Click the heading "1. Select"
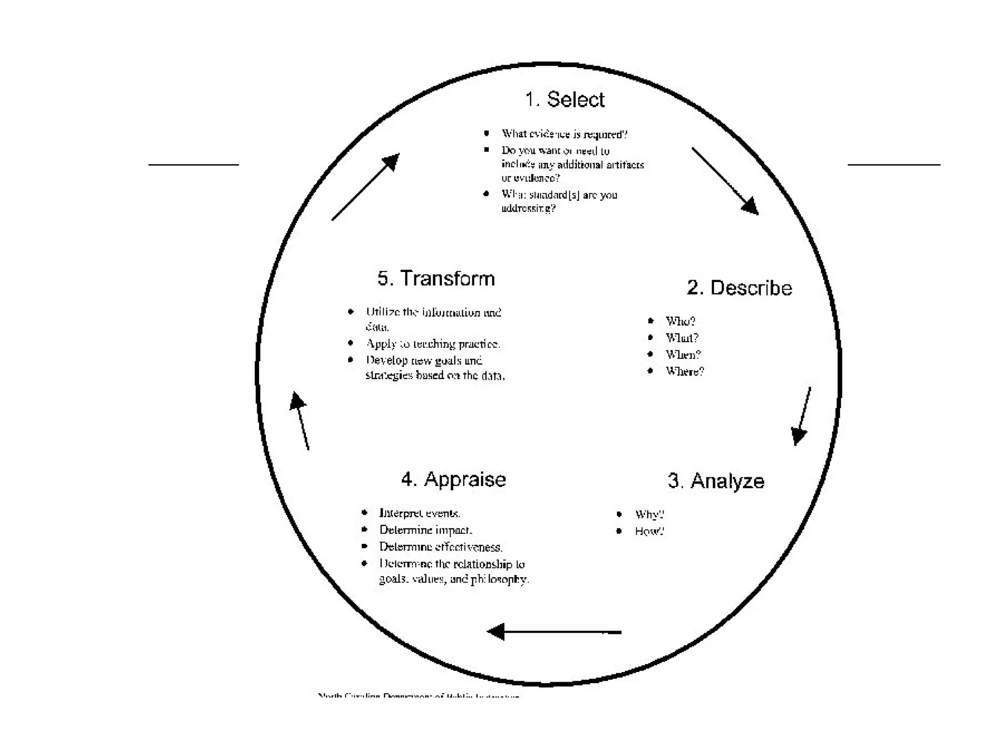[565, 100]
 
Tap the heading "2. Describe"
[739, 288]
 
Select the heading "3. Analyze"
[716, 481]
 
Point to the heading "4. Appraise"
[453, 480]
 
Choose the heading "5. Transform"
[436, 279]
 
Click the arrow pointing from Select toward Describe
[725, 181]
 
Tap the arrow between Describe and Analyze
[802, 416]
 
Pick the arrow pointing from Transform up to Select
[365, 187]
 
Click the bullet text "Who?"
[680, 321]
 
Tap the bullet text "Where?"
[684, 371]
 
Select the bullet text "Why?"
[649, 514]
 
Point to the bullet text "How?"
[649, 531]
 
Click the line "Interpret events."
[420, 513]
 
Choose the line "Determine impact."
[425, 530]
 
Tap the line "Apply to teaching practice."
[433, 344]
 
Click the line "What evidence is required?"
[564, 134]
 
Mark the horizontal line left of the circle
[193, 165]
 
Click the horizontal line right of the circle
[893, 165]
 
